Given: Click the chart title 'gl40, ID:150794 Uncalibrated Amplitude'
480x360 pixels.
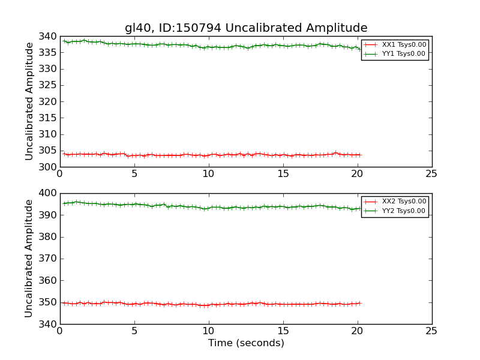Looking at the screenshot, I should (x=246, y=28).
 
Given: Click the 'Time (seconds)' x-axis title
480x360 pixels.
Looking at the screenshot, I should (x=246, y=343).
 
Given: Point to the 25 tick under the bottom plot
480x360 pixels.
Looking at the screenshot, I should (x=431, y=331).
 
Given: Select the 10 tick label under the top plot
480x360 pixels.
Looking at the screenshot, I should (x=208, y=173).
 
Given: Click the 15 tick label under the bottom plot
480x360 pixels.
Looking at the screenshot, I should (x=283, y=331).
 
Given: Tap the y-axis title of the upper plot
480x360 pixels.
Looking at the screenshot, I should (x=29, y=101).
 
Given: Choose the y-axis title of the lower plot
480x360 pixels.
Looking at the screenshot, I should (x=29, y=258).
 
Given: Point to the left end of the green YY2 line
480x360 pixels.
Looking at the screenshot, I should (x=64, y=203).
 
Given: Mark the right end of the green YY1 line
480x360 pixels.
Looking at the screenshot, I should (x=361, y=49).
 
